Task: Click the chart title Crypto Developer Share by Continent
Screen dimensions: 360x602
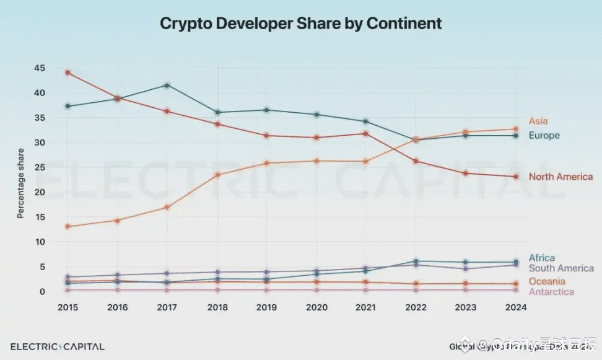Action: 301,24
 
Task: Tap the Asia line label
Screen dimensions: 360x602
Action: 538,121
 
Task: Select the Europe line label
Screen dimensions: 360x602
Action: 544,135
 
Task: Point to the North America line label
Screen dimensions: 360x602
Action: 560,177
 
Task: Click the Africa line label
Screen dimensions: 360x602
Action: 541,258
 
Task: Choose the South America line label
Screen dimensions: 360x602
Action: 561,268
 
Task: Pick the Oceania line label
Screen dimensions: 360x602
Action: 546,281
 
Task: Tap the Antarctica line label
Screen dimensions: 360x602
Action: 551,292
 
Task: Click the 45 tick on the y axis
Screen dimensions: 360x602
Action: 40,68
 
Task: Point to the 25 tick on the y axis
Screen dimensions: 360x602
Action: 40,167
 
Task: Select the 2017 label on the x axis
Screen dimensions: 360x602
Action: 167,307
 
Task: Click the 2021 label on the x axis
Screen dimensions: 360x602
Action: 366,307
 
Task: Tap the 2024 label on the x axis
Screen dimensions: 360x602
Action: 515,307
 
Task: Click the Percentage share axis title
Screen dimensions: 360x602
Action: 20,183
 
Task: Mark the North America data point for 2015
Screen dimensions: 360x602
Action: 68,72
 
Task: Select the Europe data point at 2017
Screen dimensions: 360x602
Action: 167,85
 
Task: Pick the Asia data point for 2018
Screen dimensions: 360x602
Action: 217,175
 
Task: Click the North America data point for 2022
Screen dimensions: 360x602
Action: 416,161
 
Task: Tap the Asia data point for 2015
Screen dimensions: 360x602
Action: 68,226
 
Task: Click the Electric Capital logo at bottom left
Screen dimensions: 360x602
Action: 58,346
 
